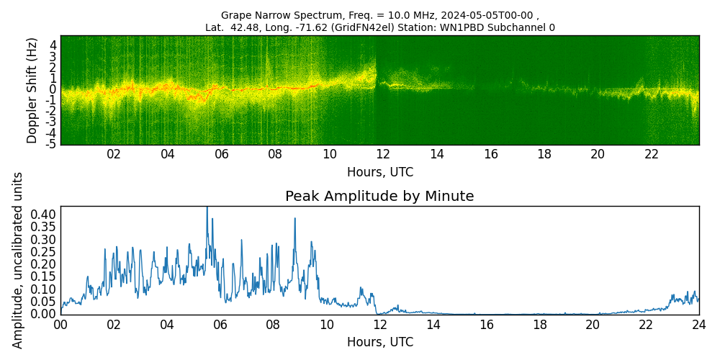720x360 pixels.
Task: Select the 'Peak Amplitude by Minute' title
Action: (379, 197)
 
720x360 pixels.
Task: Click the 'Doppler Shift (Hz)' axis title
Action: (32, 91)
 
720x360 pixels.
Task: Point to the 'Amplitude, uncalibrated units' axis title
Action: (18, 260)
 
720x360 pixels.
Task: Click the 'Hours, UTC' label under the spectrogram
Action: (379, 173)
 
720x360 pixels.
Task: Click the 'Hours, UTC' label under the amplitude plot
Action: (379, 342)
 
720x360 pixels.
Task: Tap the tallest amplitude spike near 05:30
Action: (207, 209)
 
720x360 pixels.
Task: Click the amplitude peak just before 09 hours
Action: (294, 219)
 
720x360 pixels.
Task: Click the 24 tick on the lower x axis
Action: (698, 325)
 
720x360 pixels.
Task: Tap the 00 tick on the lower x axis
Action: (60, 325)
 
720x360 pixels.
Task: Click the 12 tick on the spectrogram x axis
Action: (382, 154)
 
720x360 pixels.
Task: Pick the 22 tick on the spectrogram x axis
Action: (652, 154)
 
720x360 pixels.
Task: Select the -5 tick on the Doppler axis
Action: (51, 144)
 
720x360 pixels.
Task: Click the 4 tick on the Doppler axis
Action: (53, 45)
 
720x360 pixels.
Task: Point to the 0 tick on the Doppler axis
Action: (53, 89)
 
